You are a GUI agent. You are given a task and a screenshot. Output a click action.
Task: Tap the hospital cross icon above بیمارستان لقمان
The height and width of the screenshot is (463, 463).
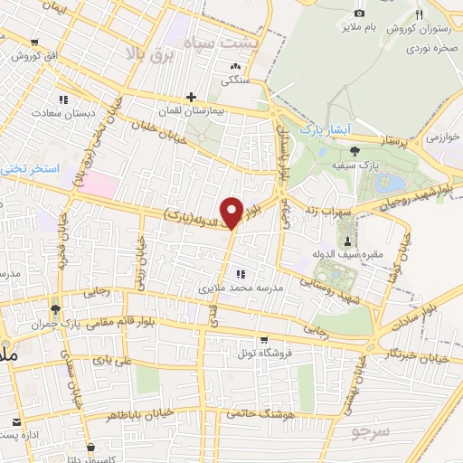click(x=191, y=97)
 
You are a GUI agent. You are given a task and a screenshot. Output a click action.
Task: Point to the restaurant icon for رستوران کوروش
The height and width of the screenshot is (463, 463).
click(x=418, y=14)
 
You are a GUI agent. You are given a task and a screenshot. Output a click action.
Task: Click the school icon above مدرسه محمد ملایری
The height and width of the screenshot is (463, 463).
click(x=241, y=273)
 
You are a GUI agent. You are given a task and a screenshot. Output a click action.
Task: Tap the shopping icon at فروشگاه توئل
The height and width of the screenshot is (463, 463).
click(x=263, y=340)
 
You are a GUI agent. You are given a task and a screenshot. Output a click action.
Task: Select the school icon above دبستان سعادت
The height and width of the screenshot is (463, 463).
click(x=62, y=99)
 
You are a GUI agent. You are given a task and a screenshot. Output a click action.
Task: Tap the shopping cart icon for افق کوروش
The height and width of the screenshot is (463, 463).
click(x=34, y=43)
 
